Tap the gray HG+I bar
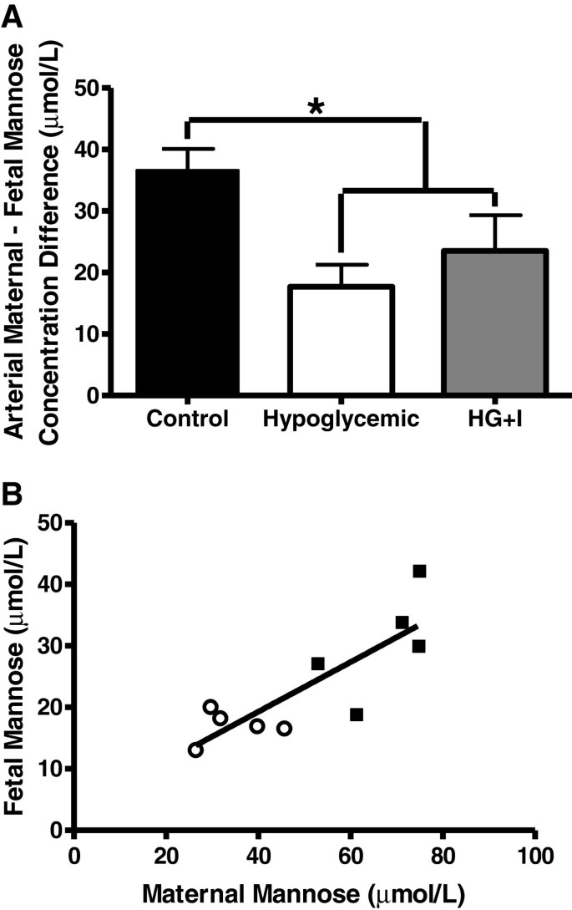[494, 322]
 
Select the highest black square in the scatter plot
[419, 572]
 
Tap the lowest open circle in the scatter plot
[195, 750]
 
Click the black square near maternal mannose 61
[357, 714]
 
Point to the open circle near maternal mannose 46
[285, 728]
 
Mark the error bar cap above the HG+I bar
[494, 215]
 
